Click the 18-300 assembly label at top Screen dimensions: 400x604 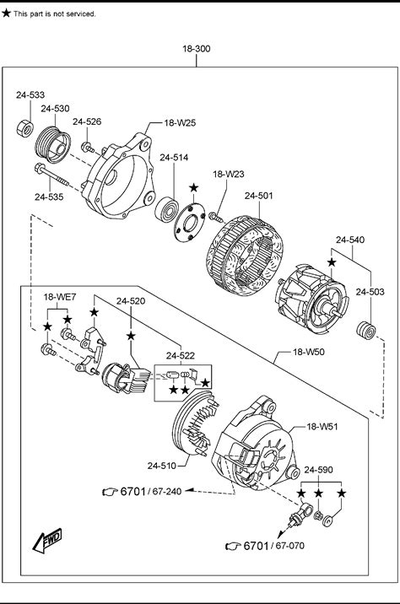(x=196, y=49)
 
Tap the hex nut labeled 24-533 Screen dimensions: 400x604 (x=25, y=128)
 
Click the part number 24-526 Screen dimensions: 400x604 (x=87, y=121)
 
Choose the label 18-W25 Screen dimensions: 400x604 (x=180, y=123)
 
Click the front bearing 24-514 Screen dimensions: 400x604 (x=167, y=209)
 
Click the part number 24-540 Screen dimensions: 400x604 (x=350, y=240)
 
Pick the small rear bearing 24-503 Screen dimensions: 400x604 (x=365, y=331)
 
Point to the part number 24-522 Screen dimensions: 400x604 (x=181, y=355)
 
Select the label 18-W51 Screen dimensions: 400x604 (x=322, y=427)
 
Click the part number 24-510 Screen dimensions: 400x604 (x=161, y=466)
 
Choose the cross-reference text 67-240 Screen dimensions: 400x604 (x=167, y=491)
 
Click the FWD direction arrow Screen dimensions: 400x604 (x=47, y=540)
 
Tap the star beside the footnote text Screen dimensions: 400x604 (x=6, y=13)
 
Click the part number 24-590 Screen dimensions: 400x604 (x=318, y=470)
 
